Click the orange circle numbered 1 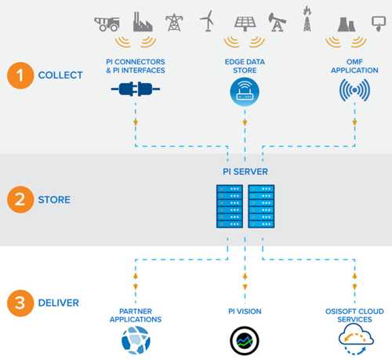pyautogui.click(x=20, y=75)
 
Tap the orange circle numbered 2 pyautogui.click(x=20, y=199)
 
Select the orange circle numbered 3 pyautogui.click(x=20, y=303)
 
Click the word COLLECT pyautogui.click(x=60, y=75)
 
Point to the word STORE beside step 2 pyautogui.click(x=54, y=200)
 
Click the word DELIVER pyautogui.click(x=59, y=303)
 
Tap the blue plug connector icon pyautogui.click(x=136, y=89)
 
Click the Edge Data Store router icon pyautogui.click(x=245, y=92)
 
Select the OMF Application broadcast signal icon pyautogui.click(x=354, y=90)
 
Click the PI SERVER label pyautogui.click(x=245, y=172)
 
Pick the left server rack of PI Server pyautogui.click(x=230, y=206)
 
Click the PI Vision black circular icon pyautogui.click(x=245, y=341)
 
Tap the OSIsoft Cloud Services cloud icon pyautogui.click(x=355, y=339)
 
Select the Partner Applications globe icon pyautogui.click(x=136, y=340)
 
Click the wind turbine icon pyautogui.click(x=208, y=20)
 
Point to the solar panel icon pyautogui.click(x=245, y=24)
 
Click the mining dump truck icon pyautogui.click(x=107, y=24)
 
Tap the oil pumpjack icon pyautogui.click(x=277, y=22)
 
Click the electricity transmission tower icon pyautogui.click(x=174, y=23)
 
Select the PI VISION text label pyautogui.click(x=245, y=311)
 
